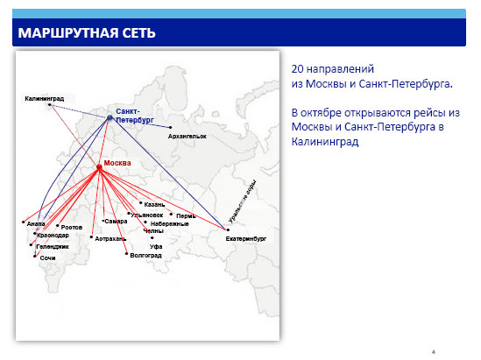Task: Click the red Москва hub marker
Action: click(x=99, y=167)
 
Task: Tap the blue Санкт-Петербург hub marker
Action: click(x=110, y=117)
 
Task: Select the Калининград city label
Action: click(x=45, y=99)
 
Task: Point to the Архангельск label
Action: click(x=187, y=136)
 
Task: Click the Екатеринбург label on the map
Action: click(x=246, y=238)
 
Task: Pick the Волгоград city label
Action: click(x=145, y=256)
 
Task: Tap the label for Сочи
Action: click(x=47, y=258)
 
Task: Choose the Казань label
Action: click(x=154, y=205)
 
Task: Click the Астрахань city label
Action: click(x=110, y=238)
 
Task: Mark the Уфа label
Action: click(x=156, y=246)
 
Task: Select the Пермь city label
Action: click(x=186, y=215)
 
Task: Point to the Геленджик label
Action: click(x=53, y=246)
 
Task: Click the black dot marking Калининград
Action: click(x=50, y=105)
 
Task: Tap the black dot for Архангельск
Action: click(x=171, y=127)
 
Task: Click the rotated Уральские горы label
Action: click(x=243, y=201)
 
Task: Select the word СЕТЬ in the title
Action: click(x=139, y=33)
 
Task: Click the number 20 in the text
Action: click(x=297, y=68)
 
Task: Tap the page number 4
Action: click(x=434, y=352)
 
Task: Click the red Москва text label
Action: click(x=117, y=163)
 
